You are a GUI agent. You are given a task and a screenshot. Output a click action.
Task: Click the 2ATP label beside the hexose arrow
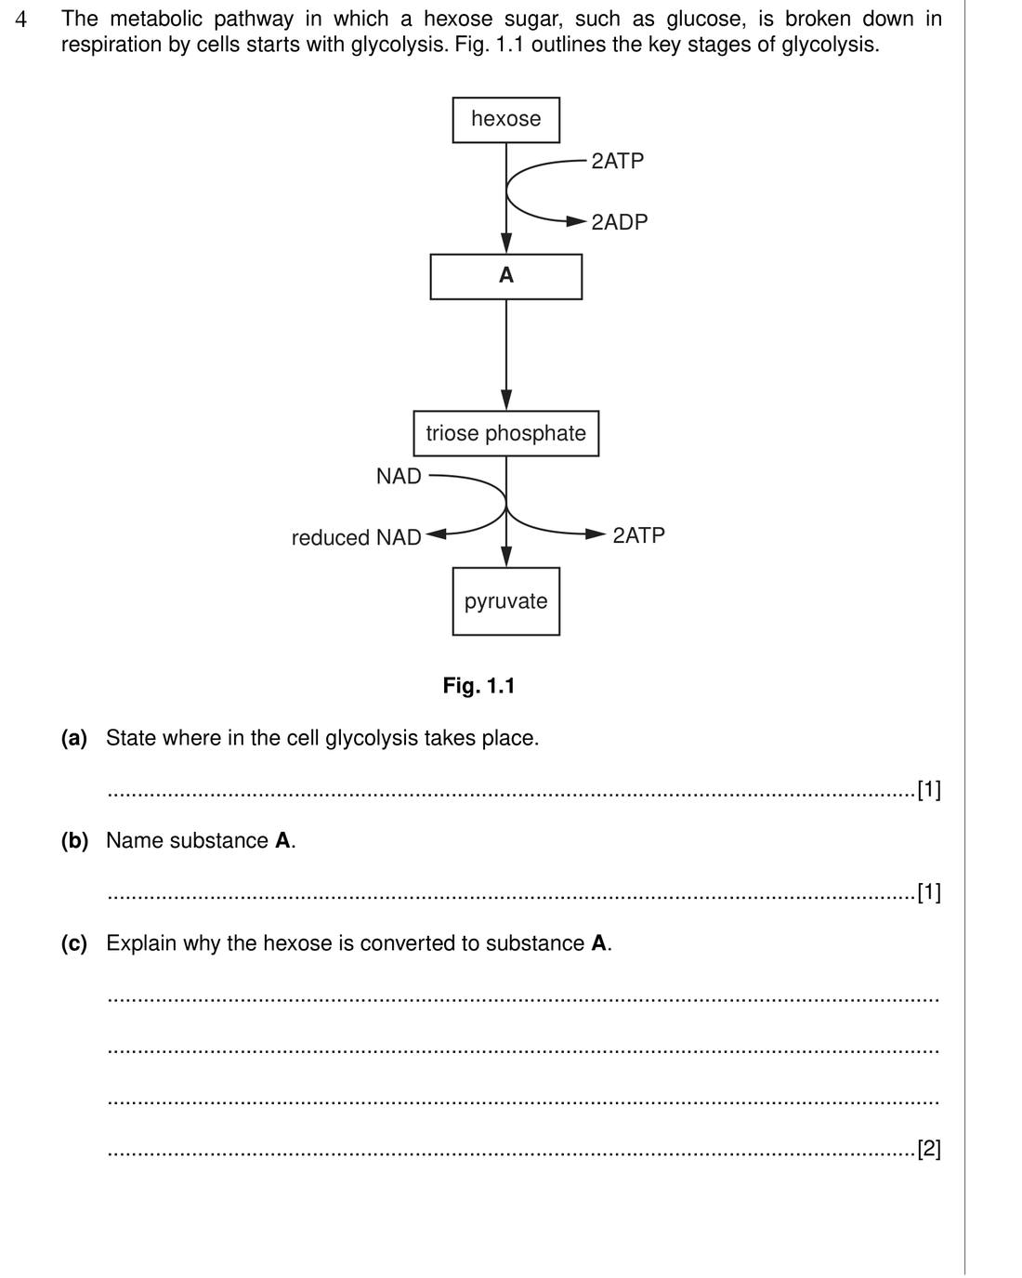point(617,161)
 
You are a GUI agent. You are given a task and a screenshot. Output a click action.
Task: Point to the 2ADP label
point(619,222)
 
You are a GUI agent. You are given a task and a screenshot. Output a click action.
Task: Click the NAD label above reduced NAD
point(399,476)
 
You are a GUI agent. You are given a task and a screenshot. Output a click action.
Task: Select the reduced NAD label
point(356,537)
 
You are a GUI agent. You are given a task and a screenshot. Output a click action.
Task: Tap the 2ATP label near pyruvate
point(638,535)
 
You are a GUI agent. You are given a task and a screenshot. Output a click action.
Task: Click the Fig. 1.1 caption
point(478,686)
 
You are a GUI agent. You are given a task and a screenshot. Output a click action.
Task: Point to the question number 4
point(20,20)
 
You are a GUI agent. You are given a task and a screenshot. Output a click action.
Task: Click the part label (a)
point(74,738)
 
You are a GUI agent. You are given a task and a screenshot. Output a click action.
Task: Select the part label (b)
point(75,841)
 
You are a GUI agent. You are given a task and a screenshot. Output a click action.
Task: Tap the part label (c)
point(74,943)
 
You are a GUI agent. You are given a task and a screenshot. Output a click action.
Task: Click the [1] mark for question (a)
point(929,790)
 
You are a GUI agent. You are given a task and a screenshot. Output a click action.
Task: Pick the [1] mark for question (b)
point(929,892)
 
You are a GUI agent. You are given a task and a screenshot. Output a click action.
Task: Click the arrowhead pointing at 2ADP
point(577,221)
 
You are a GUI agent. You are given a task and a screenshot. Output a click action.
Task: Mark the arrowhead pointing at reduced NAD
point(436,534)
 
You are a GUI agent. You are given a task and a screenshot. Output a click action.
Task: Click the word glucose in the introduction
point(704,20)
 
